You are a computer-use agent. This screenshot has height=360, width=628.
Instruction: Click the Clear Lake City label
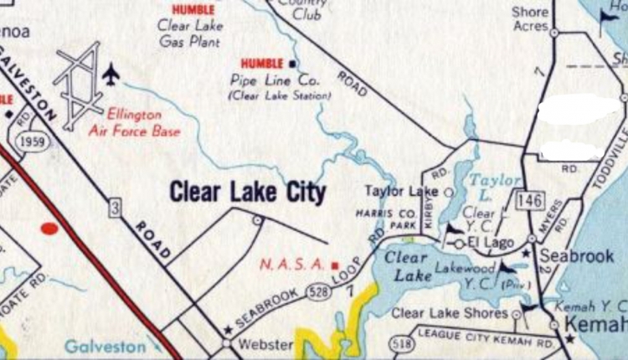248,193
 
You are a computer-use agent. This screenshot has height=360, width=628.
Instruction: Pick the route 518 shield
404,344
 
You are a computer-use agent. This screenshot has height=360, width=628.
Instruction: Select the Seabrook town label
577,256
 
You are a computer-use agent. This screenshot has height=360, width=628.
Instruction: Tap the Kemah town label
596,324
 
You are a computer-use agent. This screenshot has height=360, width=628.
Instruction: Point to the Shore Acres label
529,19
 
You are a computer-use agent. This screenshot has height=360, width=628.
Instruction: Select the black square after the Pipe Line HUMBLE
292,64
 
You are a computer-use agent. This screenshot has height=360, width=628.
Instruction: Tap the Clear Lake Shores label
450,313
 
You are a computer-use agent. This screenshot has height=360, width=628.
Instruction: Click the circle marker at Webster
225,342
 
